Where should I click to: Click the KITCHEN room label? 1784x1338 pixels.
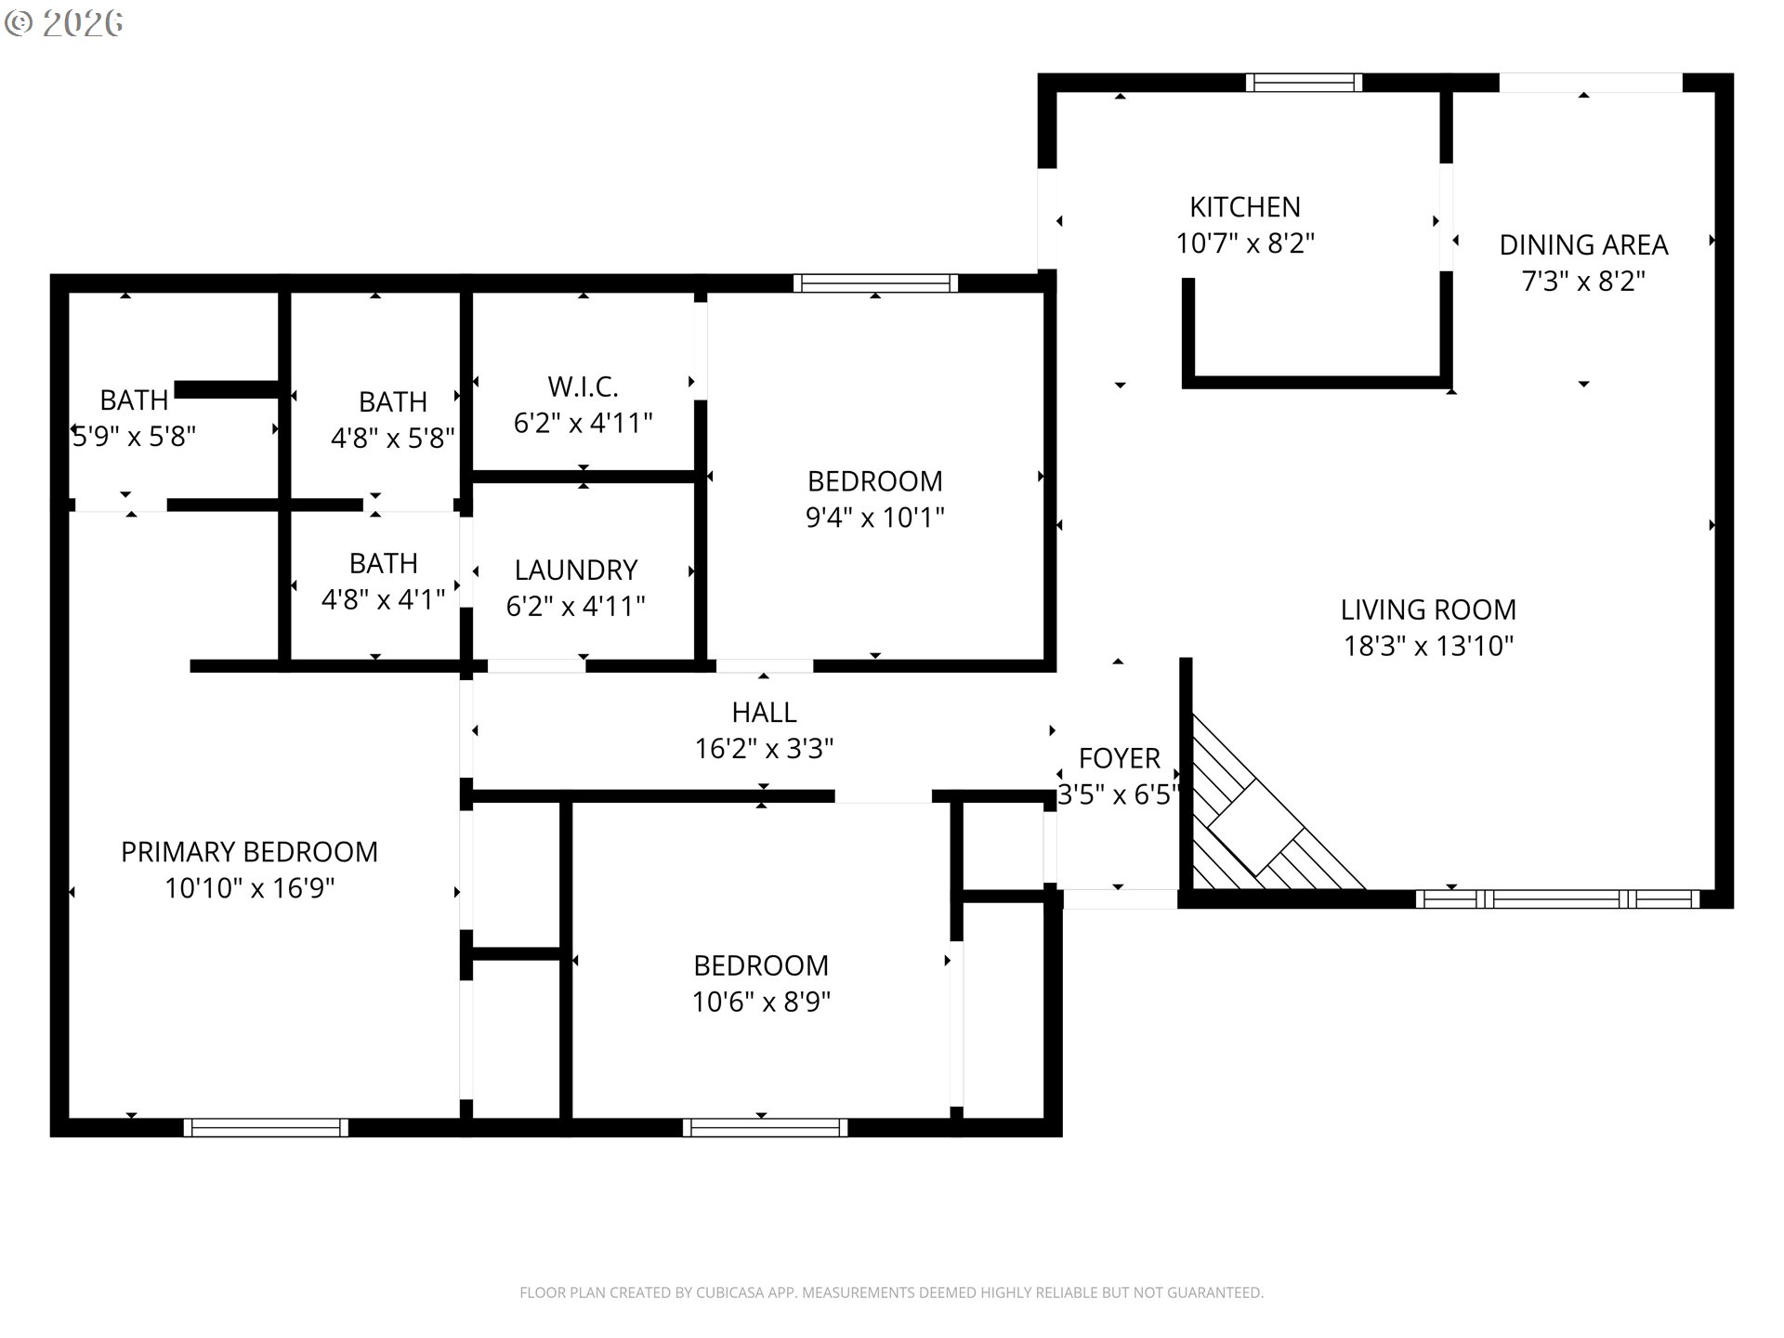point(1244,207)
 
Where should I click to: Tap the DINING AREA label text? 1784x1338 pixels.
point(1583,245)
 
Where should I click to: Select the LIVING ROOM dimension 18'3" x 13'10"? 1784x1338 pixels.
point(1428,646)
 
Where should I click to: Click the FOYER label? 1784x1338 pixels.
point(1119,759)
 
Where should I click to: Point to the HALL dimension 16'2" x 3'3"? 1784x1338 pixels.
point(764,749)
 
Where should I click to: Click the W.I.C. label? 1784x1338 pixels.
point(583,387)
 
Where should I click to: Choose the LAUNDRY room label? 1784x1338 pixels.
point(576,570)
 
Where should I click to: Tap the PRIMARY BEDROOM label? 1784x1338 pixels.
point(249,852)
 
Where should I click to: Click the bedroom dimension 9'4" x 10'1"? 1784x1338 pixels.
point(874,518)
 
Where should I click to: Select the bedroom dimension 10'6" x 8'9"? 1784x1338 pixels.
point(761,1003)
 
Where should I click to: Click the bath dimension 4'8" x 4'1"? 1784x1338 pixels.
point(383,600)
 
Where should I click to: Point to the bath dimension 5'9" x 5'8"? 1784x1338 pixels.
point(134,437)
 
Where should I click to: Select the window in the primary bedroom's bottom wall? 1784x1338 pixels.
point(266,1127)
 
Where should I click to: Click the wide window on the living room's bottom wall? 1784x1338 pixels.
point(1557,899)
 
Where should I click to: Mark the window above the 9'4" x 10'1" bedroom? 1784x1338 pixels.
point(874,283)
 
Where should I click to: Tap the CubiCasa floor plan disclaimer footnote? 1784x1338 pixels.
point(891,1292)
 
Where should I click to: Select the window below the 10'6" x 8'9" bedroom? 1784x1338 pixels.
point(765,1127)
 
